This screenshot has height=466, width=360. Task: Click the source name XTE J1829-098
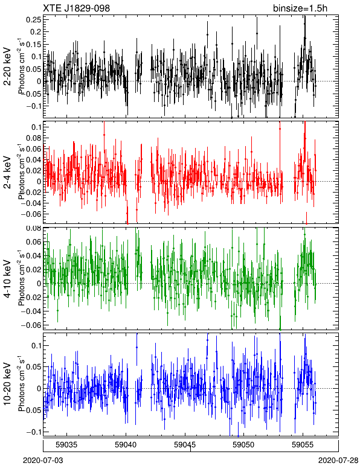pos(76,8)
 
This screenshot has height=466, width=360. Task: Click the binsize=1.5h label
pos(300,8)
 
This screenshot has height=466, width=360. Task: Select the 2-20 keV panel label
pos(7,66)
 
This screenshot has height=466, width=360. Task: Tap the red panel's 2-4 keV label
pos(7,173)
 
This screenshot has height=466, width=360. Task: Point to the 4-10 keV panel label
pos(7,279)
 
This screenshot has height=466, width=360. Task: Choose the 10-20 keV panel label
pos(7,384)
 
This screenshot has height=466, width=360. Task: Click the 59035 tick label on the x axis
pos(67,444)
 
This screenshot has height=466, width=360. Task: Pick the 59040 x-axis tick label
pos(126,444)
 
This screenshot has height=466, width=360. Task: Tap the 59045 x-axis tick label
pos(185,444)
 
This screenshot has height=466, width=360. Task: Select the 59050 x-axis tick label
pos(244,444)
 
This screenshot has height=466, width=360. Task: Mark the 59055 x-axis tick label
pos(303,444)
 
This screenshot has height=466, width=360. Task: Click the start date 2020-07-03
pos(43,461)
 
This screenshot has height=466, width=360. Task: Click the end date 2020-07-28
pos(338,461)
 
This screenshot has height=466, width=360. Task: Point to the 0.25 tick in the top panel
pos(34,19)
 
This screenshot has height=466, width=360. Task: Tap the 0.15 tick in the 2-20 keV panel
pos(34,44)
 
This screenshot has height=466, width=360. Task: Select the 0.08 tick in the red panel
pos(34,138)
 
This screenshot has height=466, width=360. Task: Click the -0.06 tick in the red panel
pos(31,214)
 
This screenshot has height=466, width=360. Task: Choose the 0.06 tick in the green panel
pos(34,241)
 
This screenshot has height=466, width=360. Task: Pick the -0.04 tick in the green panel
pos(31,311)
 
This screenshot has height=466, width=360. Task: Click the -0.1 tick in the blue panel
pos(33,432)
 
